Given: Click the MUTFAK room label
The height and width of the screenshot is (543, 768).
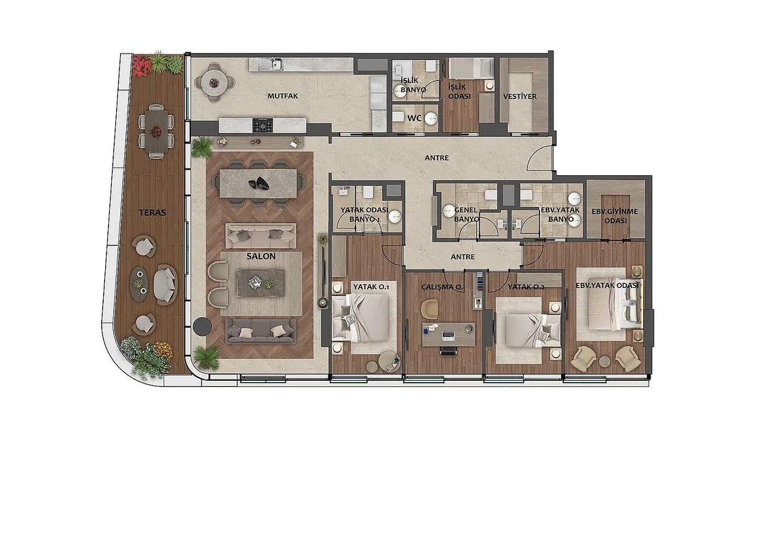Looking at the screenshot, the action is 283,96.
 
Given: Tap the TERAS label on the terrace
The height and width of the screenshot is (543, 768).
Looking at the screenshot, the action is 153,212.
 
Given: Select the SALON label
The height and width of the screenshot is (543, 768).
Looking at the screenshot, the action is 261,257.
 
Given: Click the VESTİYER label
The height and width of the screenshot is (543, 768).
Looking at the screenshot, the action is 520,96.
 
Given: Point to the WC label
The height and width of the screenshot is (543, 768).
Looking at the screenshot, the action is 415,118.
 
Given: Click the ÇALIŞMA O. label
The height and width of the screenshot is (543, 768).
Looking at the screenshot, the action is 442,287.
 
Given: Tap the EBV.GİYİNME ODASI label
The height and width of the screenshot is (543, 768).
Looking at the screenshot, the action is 615,216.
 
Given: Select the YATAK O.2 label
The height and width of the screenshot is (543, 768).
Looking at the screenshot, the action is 526,286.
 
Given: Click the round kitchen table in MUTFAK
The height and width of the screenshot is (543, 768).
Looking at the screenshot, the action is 214,82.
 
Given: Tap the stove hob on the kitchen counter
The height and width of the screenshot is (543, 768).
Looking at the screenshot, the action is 263,126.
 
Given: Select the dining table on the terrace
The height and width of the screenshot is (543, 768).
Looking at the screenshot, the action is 156,132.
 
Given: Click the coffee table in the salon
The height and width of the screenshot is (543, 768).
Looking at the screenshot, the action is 260,283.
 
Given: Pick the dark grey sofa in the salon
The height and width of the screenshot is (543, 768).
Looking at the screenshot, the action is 261,331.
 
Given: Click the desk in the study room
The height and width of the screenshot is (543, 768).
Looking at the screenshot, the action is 448,334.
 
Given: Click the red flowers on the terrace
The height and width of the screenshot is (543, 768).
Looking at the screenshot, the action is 142,66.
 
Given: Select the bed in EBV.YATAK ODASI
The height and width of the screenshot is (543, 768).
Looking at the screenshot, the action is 615,305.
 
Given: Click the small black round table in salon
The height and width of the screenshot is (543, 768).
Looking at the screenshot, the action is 201,326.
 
